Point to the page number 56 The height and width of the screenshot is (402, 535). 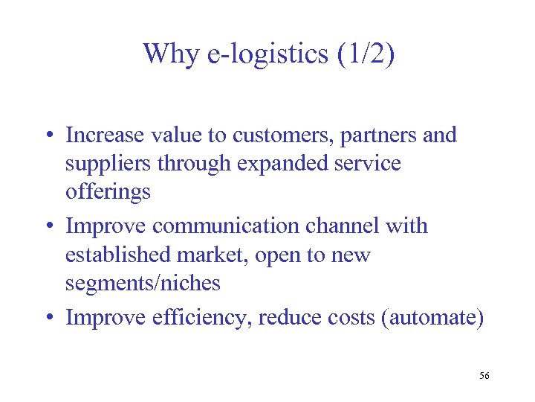pyautogui.click(x=484, y=376)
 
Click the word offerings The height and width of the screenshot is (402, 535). pyautogui.click(x=108, y=192)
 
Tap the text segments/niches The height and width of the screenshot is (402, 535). pyautogui.click(x=143, y=283)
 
